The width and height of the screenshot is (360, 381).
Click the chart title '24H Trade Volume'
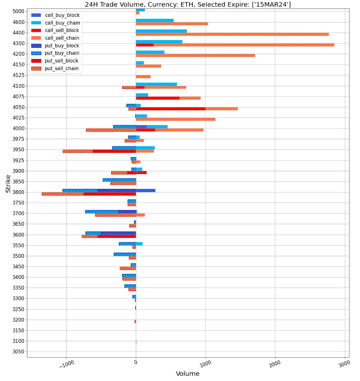[x=188, y=4]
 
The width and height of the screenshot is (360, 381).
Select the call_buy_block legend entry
[x=62, y=15]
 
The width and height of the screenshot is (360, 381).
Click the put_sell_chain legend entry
[x=61, y=69]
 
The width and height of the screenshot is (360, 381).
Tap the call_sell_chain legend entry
[x=62, y=38]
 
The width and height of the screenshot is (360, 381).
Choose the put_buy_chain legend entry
[x=62, y=53]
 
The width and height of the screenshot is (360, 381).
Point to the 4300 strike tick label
[x=18, y=43]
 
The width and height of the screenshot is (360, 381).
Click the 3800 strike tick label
[x=18, y=192]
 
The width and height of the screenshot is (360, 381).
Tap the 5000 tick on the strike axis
[x=18, y=11]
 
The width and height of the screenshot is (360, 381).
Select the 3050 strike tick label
[x=18, y=352]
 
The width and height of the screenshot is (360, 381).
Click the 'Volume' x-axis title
[x=187, y=374]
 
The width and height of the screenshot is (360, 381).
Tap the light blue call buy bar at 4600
[x=155, y=20]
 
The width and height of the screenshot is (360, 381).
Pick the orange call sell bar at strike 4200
[x=195, y=55]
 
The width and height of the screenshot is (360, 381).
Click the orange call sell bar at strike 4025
[x=175, y=119]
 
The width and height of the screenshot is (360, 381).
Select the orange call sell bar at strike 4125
[x=143, y=77]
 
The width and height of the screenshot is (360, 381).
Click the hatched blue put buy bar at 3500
[x=125, y=254]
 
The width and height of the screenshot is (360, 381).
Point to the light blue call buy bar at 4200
[x=150, y=52]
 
